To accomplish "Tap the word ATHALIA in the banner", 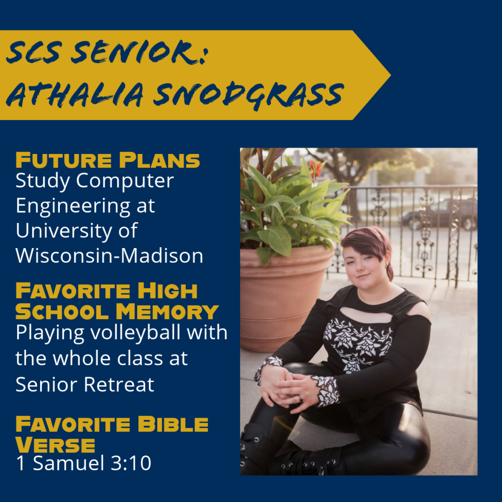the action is tap(75, 94).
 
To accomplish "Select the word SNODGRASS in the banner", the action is tap(249, 95).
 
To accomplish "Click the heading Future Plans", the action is tap(107, 160).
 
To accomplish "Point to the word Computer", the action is tap(125, 181).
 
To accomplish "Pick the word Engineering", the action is tap(74, 206).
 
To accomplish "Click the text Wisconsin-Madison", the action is tap(109, 255).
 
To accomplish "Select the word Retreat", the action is tap(120, 384).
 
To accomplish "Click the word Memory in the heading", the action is tap(167, 311).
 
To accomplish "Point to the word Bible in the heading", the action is tap(173, 424).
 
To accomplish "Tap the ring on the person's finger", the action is tap(301, 399).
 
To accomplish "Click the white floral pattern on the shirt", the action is tap(357, 344).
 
